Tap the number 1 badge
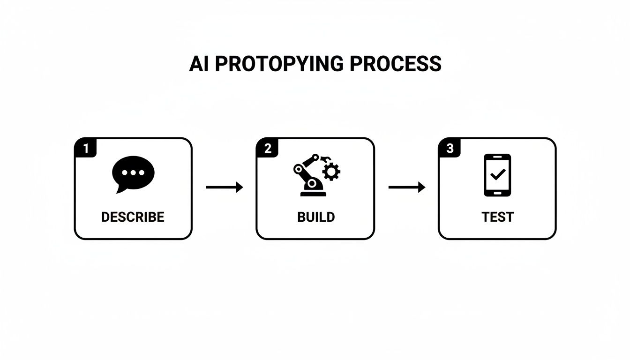click(85, 149)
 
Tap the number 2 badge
click(267, 149)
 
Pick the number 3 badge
click(450, 149)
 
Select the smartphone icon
click(497, 175)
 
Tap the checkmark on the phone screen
click(497, 174)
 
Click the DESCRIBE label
click(133, 217)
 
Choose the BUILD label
click(316, 217)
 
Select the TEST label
click(497, 217)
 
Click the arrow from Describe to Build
click(225, 187)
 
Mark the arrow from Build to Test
click(407, 187)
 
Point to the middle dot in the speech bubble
click(133, 172)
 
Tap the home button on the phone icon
click(497, 192)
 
